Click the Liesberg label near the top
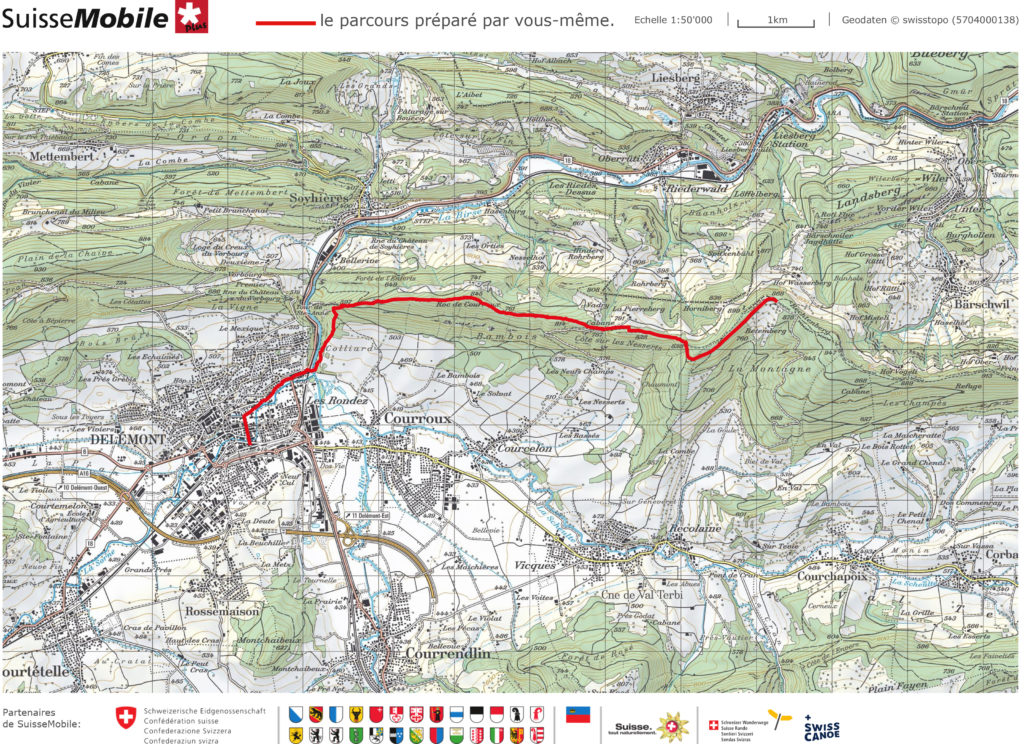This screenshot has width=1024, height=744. (676, 77)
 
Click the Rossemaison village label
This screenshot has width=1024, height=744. (222, 610)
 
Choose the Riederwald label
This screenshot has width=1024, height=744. (691, 186)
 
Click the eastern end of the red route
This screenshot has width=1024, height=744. (775, 299)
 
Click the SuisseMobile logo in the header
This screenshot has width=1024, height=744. (100, 18)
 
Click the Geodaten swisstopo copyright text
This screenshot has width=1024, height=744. (929, 20)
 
